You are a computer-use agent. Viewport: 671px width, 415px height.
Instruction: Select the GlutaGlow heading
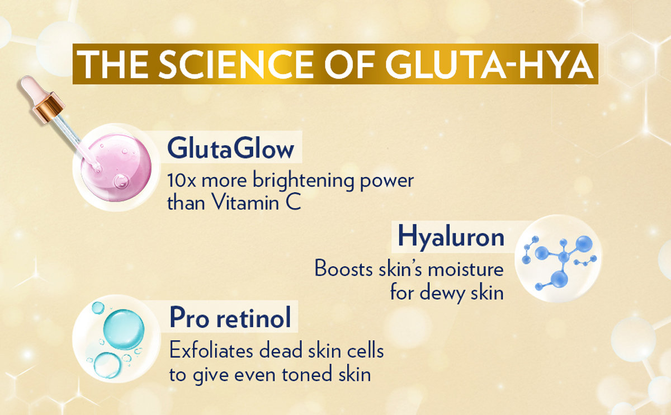coord(230,148)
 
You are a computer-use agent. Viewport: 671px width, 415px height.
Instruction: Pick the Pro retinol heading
coord(230,318)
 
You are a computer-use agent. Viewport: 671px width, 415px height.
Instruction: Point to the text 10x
coord(182,181)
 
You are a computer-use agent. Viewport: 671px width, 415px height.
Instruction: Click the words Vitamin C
coord(256,202)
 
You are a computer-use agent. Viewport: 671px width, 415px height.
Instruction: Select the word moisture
coord(465,269)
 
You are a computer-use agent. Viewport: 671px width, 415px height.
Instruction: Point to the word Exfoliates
coord(211,350)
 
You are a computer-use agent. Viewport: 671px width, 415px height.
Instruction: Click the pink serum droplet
coord(116,167)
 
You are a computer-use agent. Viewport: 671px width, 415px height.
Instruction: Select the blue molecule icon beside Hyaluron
coord(558,258)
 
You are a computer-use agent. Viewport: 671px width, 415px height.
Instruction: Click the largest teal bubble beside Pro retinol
coord(124,329)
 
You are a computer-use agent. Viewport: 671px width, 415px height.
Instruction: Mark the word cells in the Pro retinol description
coord(366,350)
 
